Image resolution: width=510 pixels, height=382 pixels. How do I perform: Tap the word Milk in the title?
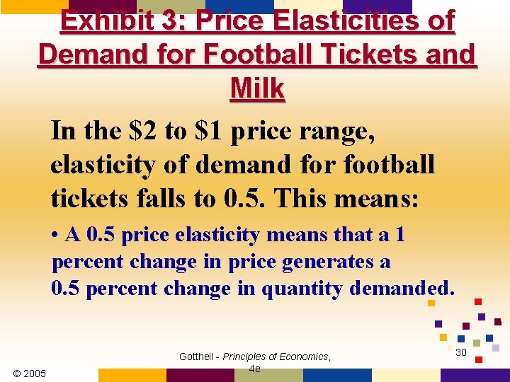[x=257, y=89]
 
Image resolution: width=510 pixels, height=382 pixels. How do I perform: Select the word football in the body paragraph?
[x=389, y=165]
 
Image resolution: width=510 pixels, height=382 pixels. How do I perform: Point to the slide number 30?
[x=460, y=352]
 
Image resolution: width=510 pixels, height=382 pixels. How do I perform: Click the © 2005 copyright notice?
[x=30, y=373]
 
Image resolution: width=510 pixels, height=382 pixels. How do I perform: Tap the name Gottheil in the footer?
[x=198, y=357]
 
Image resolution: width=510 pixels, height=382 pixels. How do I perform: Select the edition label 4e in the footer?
[x=255, y=369]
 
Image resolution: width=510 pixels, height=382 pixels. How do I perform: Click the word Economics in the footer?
[x=302, y=357]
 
